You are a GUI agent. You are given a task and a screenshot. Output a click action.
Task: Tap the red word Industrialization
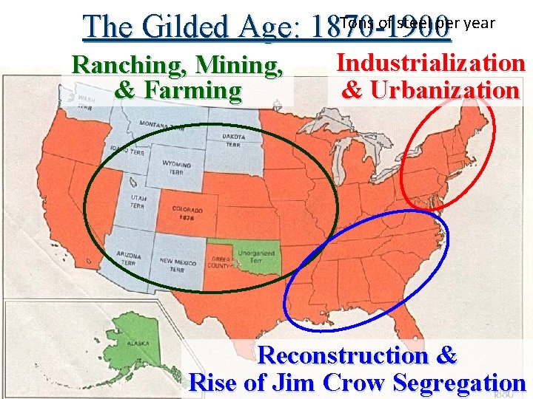click(431, 63)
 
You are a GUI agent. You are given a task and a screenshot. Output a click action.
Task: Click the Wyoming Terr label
click(175, 167)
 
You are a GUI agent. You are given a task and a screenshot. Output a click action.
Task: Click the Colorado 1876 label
click(187, 214)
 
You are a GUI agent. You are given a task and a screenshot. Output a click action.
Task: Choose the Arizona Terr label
click(129, 258)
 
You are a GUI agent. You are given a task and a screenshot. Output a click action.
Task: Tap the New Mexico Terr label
click(177, 265)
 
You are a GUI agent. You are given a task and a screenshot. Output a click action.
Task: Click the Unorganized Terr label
click(256, 256)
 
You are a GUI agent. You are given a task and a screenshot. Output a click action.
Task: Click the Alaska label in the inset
click(138, 344)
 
